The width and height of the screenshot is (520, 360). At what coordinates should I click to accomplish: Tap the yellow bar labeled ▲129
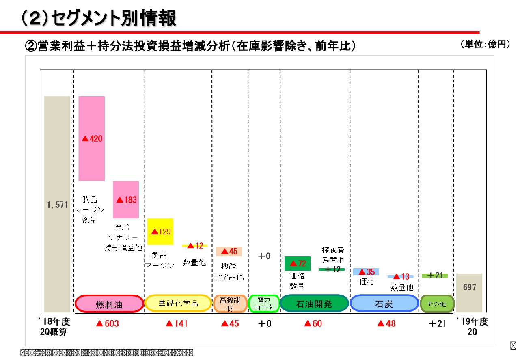tap(160, 231)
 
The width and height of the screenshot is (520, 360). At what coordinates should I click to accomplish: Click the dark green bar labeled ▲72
tap(297, 263)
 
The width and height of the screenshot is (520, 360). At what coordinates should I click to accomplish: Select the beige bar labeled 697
tap(469, 293)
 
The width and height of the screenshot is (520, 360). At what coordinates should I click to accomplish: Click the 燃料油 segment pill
tap(109, 304)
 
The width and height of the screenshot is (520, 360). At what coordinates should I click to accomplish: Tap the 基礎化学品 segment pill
tap(178, 304)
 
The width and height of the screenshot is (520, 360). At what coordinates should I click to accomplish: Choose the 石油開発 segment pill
tap(314, 304)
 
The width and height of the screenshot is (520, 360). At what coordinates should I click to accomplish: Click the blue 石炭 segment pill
tap(384, 304)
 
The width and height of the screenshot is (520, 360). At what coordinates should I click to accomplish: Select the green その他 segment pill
tap(437, 304)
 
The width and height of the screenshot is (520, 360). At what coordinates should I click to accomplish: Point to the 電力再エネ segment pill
tap(264, 304)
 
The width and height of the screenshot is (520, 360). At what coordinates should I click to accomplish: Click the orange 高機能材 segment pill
tap(230, 304)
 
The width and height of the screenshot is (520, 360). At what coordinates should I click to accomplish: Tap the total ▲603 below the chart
tap(107, 324)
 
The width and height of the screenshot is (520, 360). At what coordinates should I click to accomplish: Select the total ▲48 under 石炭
tap(386, 324)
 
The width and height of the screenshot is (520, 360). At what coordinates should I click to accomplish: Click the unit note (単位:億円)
tap(485, 44)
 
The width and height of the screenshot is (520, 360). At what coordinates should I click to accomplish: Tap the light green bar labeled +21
tap(434, 276)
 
